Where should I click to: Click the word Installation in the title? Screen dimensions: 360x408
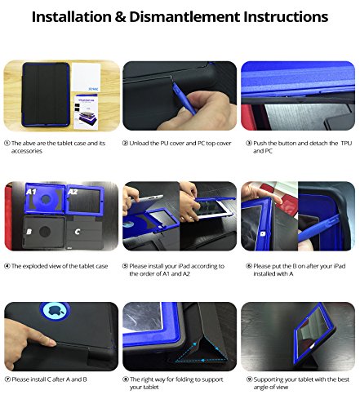point(71,17)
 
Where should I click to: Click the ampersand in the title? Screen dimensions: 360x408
point(120,17)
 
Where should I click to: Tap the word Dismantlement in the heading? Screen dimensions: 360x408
point(184,17)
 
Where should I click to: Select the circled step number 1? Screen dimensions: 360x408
point(7,143)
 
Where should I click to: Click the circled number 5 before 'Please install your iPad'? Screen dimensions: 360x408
point(125,266)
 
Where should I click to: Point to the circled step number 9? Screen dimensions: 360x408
point(249,379)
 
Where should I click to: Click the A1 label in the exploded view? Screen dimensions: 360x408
point(31,192)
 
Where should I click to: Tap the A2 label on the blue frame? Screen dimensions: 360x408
point(73,192)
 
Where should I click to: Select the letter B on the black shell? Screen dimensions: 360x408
point(29,232)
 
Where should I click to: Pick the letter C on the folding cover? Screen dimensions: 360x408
point(78,232)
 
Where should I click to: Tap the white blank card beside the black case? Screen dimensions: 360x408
point(87,78)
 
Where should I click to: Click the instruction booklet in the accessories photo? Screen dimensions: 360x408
point(86,112)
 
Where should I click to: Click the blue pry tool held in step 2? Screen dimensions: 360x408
point(184,99)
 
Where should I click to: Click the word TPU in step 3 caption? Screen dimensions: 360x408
point(346,143)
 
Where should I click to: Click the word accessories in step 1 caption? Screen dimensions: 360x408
point(27,151)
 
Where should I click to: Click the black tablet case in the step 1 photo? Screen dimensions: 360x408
point(46,95)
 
